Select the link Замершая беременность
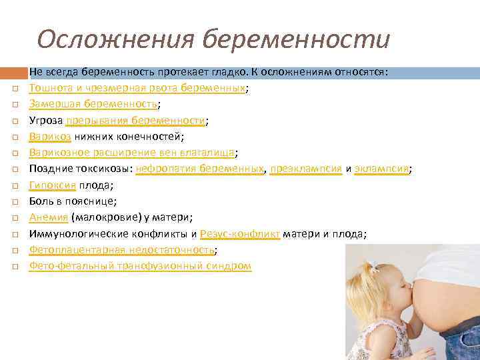click(93, 104)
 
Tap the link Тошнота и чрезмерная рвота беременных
click(137, 88)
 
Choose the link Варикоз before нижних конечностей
click(49, 137)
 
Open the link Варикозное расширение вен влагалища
click(132, 153)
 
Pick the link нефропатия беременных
click(199, 169)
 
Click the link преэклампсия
click(306, 169)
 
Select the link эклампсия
click(381, 169)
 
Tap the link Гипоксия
click(52, 185)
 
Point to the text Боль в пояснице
click(73, 201)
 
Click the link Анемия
click(48, 217)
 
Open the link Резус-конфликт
click(239, 233)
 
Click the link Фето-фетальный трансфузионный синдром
click(140, 265)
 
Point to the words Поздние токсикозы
click(80, 169)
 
